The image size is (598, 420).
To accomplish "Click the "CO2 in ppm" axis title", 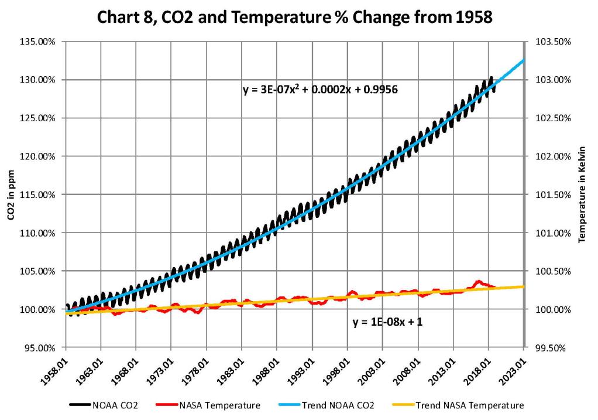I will [x=11, y=194].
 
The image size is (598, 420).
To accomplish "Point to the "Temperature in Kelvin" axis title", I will [x=582, y=194].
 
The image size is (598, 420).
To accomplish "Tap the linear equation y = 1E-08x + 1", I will [x=388, y=322].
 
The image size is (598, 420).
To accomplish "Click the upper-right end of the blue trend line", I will [x=524, y=60].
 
